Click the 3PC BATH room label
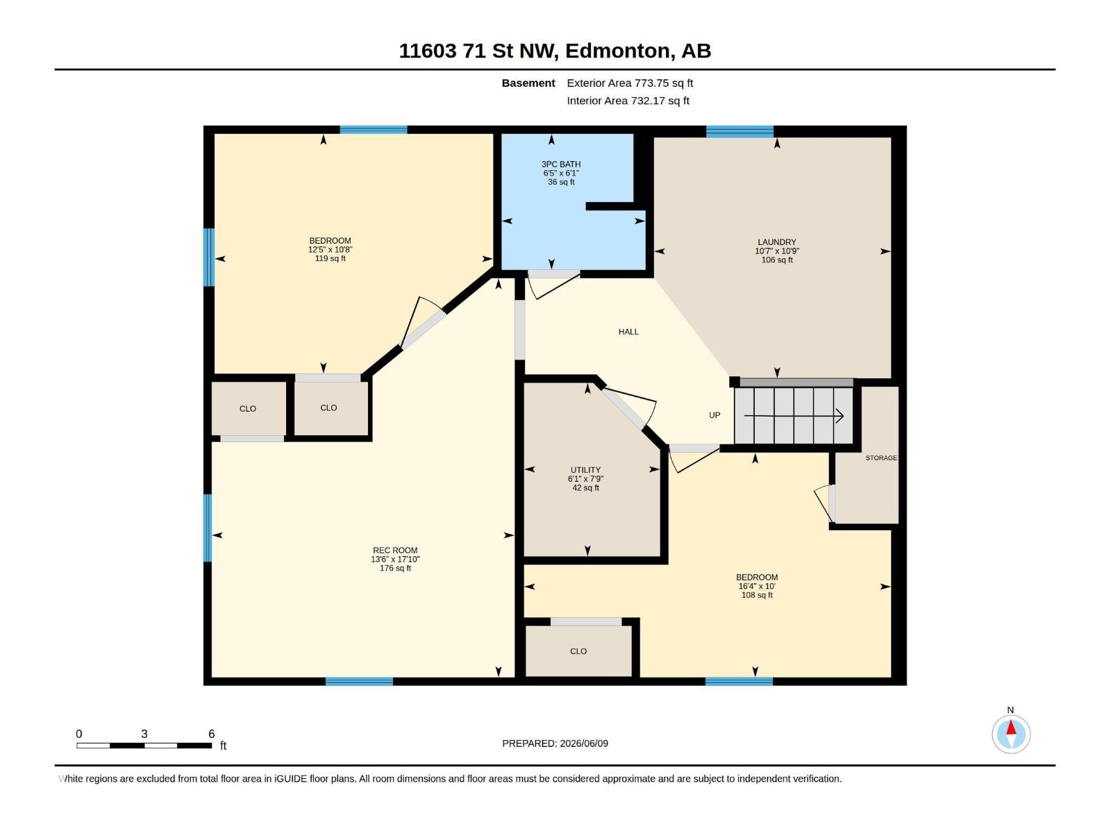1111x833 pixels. coord(561,165)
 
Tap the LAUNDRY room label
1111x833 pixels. coord(776,242)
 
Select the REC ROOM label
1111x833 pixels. coord(395,550)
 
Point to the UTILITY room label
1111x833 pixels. coord(585,470)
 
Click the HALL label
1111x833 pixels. coord(628,332)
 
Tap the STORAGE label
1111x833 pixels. coord(880,457)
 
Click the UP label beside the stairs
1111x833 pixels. coord(715,415)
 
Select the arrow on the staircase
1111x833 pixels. coord(793,416)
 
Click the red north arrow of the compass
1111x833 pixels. coord(1011,727)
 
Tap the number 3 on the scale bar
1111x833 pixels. coord(144,734)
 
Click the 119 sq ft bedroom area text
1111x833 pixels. coord(330,258)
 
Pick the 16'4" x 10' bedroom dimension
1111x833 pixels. coord(757,586)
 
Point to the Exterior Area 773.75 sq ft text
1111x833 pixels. coord(630,83)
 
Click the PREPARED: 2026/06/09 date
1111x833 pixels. coord(555,743)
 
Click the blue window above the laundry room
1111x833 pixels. coord(740,131)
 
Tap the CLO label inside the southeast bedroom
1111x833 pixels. coord(578,651)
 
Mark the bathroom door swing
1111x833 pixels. coord(553,286)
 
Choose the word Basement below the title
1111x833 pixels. coord(528,83)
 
